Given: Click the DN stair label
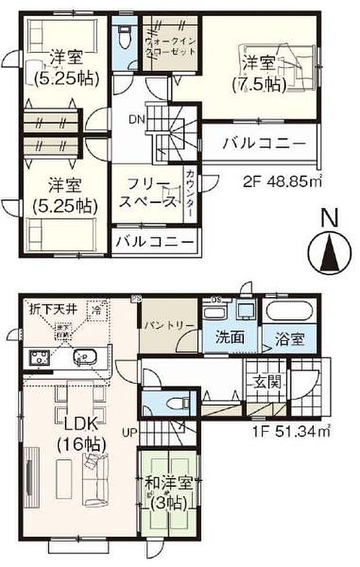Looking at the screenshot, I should (137, 120).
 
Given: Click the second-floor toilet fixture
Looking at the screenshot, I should (124, 37).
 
